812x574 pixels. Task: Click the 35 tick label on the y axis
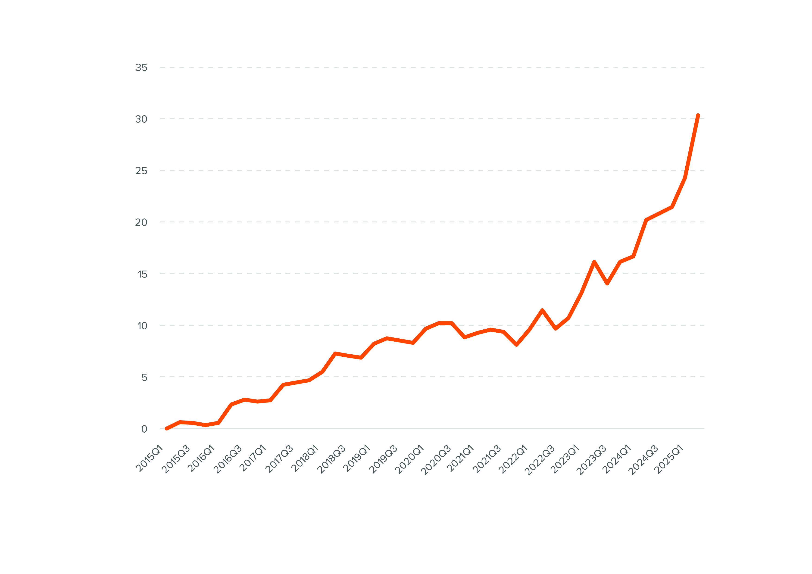(141, 68)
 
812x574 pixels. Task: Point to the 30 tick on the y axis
(141, 119)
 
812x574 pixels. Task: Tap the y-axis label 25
(141, 171)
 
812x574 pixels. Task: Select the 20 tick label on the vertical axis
(141, 222)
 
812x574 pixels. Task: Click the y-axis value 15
(142, 274)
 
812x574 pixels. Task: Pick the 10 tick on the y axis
(142, 326)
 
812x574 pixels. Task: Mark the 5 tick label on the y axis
(144, 377)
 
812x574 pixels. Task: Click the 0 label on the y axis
(144, 429)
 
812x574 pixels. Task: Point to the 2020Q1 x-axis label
(409, 459)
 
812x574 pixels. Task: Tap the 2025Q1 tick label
(669, 459)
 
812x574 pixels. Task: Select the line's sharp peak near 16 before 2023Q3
(594, 262)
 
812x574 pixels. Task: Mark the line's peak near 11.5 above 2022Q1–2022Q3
(542, 310)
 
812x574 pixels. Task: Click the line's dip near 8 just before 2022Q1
(517, 344)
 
